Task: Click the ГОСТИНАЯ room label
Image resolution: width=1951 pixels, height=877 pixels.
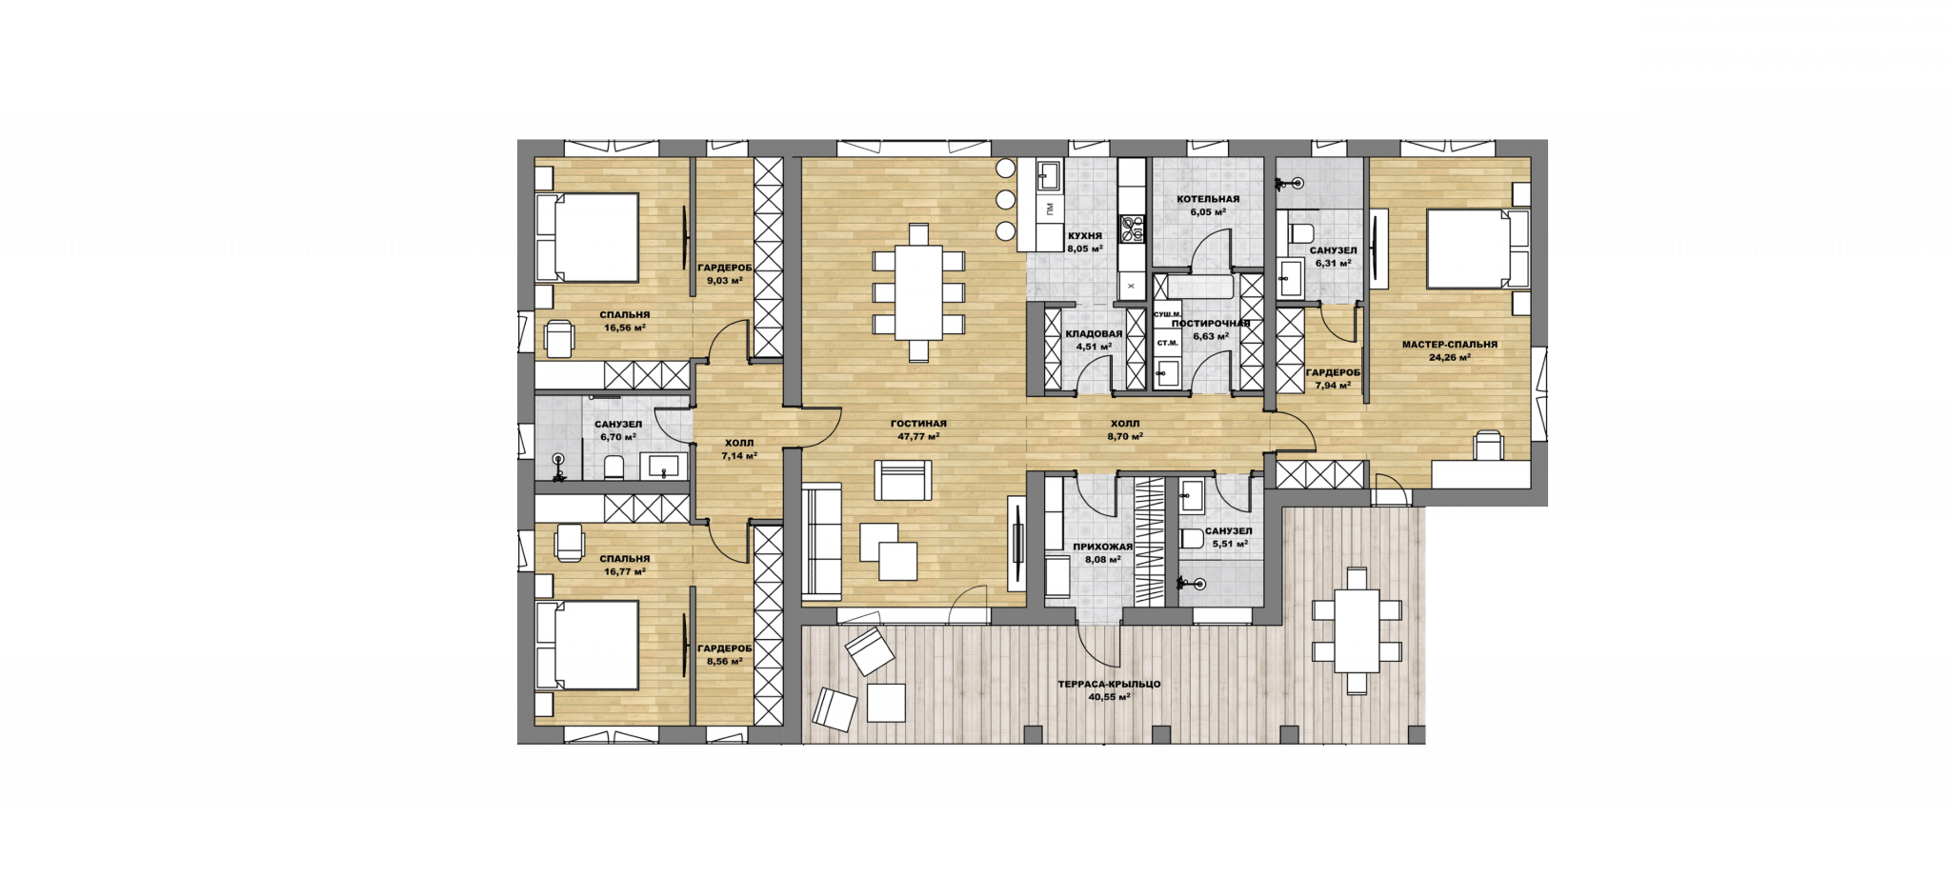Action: pos(918,424)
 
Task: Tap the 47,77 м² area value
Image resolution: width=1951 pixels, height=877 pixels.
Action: pos(918,436)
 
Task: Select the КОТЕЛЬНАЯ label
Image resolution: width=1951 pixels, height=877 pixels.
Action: pos(1208,199)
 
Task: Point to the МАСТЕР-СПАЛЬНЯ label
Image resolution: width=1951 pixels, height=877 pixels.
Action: pos(1449,345)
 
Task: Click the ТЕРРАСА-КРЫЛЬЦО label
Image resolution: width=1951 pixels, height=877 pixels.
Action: pos(1109,684)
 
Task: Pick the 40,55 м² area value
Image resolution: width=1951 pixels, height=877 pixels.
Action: pos(1109,696)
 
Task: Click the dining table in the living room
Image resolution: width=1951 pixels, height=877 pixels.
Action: pos(918,292)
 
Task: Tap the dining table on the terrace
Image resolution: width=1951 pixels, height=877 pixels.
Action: pos(1357,630)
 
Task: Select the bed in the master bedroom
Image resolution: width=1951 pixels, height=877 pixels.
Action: pos(1478,249)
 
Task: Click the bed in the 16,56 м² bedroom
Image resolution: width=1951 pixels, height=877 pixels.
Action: pos(586,237)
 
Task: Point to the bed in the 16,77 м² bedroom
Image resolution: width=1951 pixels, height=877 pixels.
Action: pos(586,645)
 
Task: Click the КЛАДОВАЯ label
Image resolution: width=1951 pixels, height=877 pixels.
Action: pos(1094,334)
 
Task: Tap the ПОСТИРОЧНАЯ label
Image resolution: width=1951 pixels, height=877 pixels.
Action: pos(1210,324)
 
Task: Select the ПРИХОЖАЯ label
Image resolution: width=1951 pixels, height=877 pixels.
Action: pos(1102,547)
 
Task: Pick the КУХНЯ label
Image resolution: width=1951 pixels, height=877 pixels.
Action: pos(1085,235)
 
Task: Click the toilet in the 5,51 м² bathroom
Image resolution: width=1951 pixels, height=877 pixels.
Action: pos(1192,539)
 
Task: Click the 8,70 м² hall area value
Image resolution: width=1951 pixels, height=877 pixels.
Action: pos(1124,436)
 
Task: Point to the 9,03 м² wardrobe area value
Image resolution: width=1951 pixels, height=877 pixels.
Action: pos(724,280)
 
